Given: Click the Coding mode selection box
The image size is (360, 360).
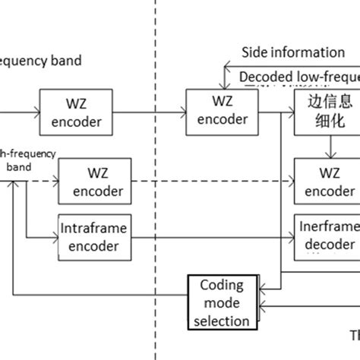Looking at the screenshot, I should click(222, 302).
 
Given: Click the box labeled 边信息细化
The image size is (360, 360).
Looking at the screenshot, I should click(328, 111).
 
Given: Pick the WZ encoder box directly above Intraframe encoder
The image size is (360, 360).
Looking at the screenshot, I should click(92, 182).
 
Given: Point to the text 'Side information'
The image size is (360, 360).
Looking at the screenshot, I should click(292, 52).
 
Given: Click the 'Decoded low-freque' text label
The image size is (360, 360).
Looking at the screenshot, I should click(298, 76).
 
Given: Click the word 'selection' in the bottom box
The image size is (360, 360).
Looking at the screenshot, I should click(222, 321).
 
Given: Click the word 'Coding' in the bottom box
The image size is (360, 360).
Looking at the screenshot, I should click(222, 286).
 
